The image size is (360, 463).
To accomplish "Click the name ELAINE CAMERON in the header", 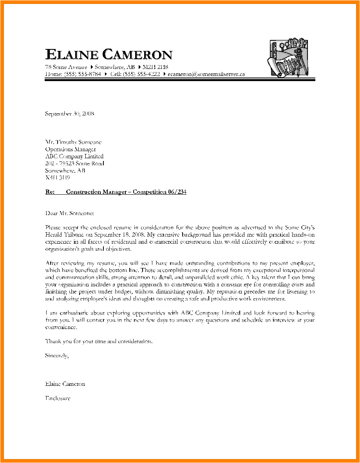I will click(x=109, y=55).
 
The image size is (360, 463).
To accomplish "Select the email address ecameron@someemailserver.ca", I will click(x=206, y=74).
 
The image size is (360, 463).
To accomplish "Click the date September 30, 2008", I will click(x=69, y=114).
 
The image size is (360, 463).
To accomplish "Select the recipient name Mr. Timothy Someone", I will click(x=73, y=142).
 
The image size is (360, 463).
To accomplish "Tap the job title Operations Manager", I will click(x=71, y=149).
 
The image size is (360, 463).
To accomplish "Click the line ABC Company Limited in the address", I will click(x=74, y=156).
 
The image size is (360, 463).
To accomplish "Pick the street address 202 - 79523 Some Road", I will click(x=74, y=163).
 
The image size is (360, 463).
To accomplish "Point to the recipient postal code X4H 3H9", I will click(x=58, y=177).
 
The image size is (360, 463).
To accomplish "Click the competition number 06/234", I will click(x=176, y=192).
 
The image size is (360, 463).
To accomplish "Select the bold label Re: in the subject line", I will click(x=50, y=192).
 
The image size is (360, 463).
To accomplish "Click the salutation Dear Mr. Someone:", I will click(x=69, y=213).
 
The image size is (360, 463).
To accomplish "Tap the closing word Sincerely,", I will click(x=57, y=355).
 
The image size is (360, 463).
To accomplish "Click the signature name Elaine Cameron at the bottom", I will click(x=65, y=384).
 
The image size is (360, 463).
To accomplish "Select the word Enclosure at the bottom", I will click(x=58, y=398).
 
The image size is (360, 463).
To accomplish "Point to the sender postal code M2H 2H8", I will click(x=155, y=67).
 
